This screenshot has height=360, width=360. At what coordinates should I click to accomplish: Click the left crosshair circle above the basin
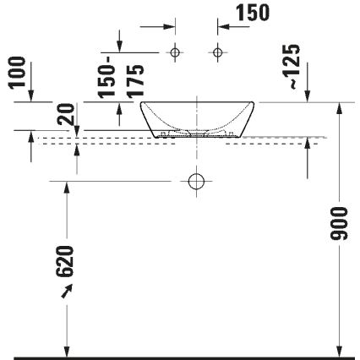point(175,53)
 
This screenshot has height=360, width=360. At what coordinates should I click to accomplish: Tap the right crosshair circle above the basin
point(218,53)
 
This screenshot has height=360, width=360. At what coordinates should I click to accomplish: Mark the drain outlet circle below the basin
point(196,181)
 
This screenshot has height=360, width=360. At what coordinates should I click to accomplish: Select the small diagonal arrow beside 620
point(65,292)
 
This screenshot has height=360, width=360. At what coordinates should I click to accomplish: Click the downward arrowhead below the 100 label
point(31,97)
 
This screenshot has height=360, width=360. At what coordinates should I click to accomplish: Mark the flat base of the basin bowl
point(196,136)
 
